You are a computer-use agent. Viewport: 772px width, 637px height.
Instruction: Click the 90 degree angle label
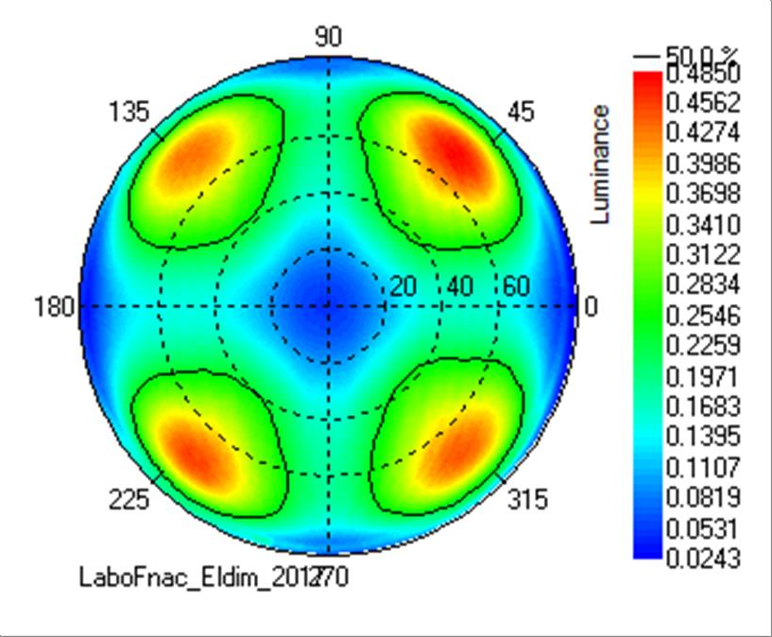tap(328, 37)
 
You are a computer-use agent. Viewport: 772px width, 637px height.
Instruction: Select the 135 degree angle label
tap(129, 112)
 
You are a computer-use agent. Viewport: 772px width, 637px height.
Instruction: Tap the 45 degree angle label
tap(520, 112)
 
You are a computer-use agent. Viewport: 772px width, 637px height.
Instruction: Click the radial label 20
tap(403, 287)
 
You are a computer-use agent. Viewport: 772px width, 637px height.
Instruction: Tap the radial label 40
tap(459, 287)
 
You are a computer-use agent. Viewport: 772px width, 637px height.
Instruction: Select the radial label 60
tap(516, 287)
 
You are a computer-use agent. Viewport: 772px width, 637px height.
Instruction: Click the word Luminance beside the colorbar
tap(600, 164)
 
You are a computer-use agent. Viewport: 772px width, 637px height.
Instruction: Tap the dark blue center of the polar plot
tap(328, 304)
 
